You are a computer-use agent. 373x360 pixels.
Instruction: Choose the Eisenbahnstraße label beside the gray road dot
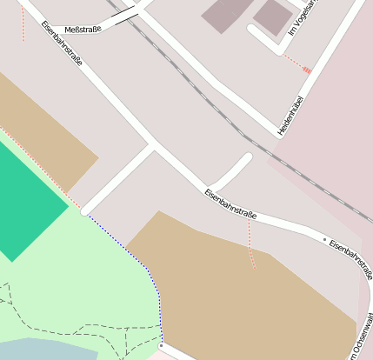351,259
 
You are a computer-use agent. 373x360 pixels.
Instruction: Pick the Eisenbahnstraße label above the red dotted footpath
230,203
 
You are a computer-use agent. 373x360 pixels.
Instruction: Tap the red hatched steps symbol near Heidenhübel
306,70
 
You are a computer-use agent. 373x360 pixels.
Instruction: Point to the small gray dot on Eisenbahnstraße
324,238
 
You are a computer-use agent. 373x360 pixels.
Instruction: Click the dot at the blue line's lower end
161,345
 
